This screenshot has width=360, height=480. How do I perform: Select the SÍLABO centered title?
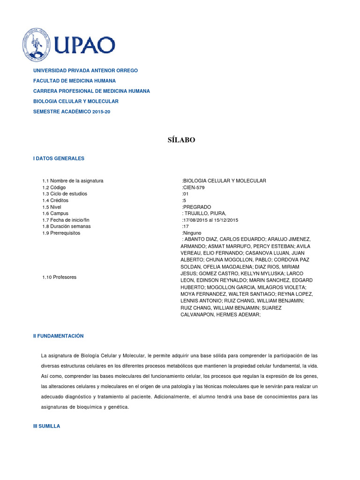181,140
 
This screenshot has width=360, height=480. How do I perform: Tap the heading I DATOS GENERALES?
59,158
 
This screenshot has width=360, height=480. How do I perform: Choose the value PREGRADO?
197,207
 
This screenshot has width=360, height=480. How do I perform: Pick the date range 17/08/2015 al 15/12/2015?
210,220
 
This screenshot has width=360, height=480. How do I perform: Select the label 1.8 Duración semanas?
67,226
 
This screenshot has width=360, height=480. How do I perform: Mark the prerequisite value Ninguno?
192,233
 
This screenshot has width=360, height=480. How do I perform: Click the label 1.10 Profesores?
59,277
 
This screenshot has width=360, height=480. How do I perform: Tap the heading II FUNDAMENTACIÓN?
58,336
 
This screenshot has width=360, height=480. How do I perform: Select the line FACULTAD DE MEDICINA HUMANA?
74,81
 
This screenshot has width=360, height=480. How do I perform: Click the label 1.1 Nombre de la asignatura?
73,180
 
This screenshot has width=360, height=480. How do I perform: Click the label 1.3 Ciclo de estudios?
65,194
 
